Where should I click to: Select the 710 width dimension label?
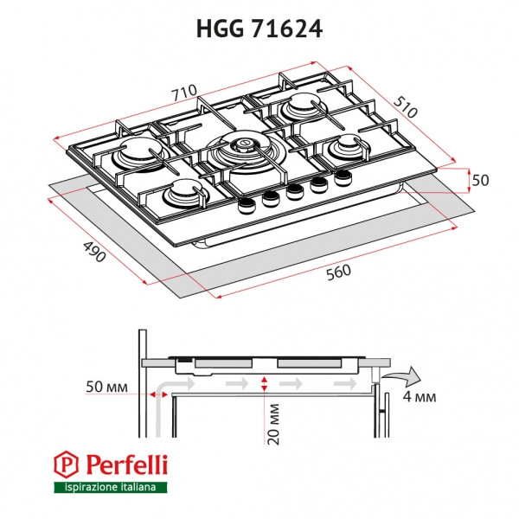[185, 93]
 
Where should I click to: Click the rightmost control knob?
[343, 176]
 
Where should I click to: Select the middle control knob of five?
[295, 190]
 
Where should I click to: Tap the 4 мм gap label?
[421, 399]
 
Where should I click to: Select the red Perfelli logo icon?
[63, 467]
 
